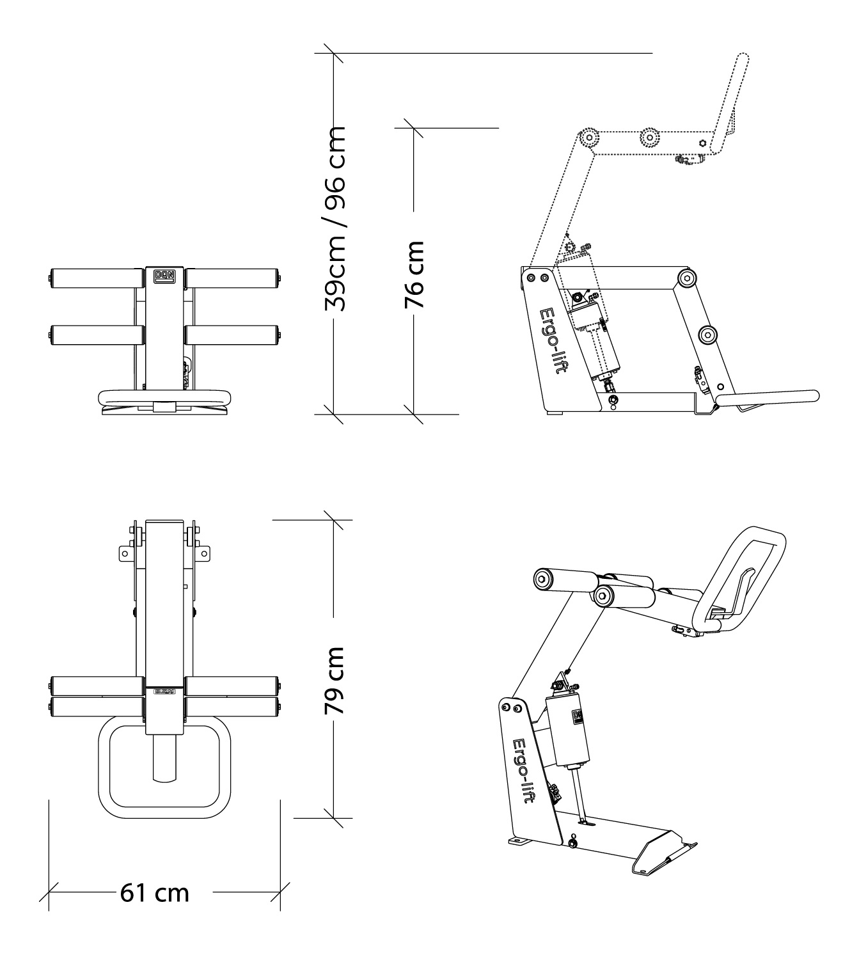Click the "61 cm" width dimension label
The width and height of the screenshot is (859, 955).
pyautogui.click(x=154, y=892)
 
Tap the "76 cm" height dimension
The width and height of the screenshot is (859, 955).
pyautogui.click(x=414, y=275)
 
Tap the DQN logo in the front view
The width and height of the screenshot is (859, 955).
pyautogui.click(x=164, y=276)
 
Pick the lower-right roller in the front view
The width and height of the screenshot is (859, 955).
pyautogui.click(x=232, y=335)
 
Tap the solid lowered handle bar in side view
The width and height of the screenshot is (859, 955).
pyautogui.click(x=768, y=397)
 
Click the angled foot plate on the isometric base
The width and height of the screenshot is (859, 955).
pyautogui.click(x=662, y=851)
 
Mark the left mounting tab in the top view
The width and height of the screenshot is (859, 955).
pyautogui.click(x=126, y=554)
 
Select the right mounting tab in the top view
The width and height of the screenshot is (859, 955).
pyautogui.click(x=203, y=554)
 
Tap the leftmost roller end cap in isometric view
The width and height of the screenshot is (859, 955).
pyautogui.click(x=543, y=579)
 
